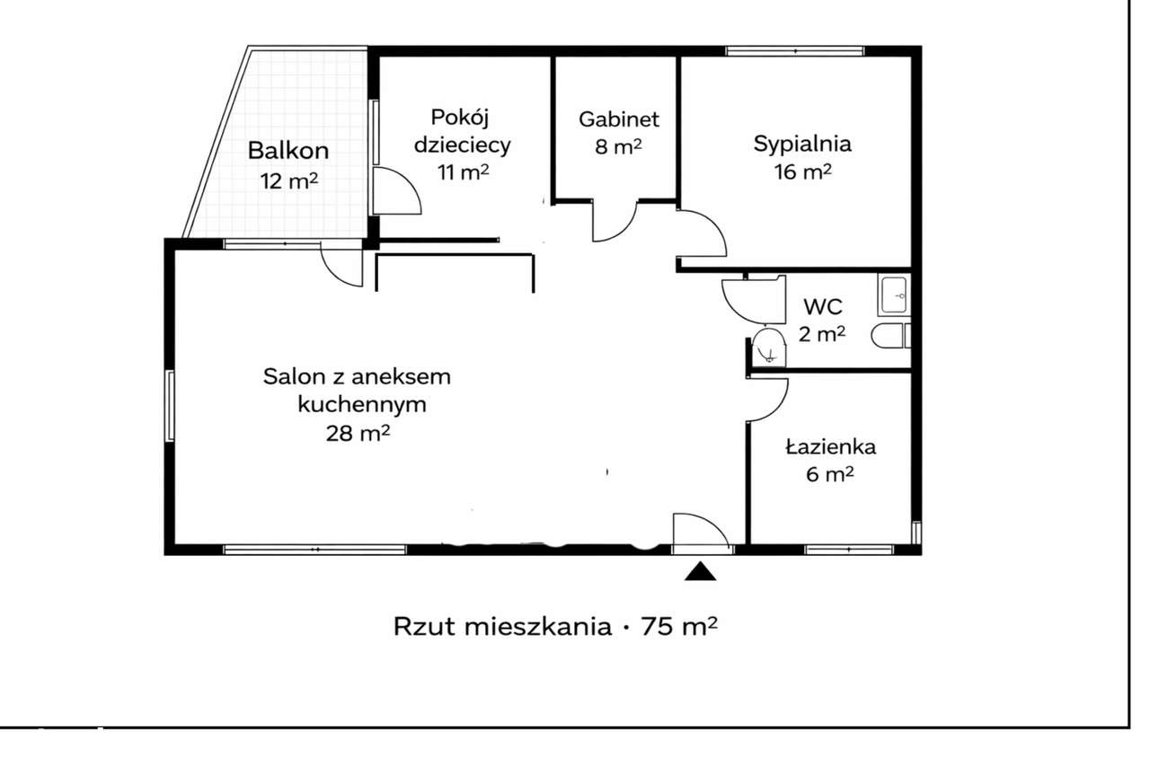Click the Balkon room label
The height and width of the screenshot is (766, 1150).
pos(288,151)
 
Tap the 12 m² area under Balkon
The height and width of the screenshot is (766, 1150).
pos(289,180)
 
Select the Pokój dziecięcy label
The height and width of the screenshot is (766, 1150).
pos(464,131)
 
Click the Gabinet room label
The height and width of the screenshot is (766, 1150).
pos(619,119)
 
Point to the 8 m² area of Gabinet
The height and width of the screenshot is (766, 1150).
pos(619,147)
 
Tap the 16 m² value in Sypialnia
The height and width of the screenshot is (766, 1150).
pos(802,172)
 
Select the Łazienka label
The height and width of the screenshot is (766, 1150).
pos(818,446)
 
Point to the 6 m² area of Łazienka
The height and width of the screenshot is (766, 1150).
pos(818,475)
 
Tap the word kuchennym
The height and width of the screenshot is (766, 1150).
pos(361,404)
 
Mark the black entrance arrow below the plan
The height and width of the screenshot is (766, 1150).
pos(700,571)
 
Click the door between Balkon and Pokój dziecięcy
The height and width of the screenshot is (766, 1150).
pos(395,190)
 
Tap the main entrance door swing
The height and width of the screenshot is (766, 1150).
pos(698,529)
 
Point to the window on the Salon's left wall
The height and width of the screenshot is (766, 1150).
pos(169,405)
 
